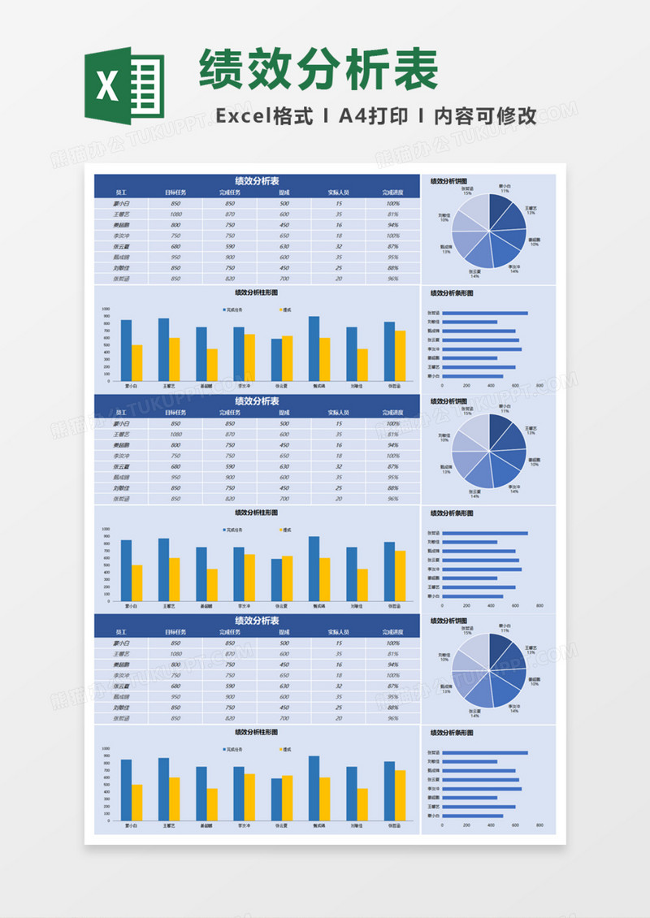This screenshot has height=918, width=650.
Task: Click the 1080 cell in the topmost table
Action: (175, 214)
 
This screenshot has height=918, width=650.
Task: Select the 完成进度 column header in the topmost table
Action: (392, 193)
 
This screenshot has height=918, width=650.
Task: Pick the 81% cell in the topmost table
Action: (392, 214)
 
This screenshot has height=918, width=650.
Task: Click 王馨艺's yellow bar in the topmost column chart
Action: (174, 359)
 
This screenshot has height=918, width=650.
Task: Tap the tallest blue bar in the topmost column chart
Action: (314, 349)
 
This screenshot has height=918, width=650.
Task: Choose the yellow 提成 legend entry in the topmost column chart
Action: (284, 310)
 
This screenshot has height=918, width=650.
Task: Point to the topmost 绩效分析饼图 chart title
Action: (448, 181)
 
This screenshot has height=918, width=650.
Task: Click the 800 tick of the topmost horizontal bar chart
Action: (540, 386)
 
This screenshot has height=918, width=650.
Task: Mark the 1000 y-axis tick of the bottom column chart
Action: (105, 750)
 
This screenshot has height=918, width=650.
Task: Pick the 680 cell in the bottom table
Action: (175, 686)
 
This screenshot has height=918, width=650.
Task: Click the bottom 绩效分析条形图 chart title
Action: (452, 733)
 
